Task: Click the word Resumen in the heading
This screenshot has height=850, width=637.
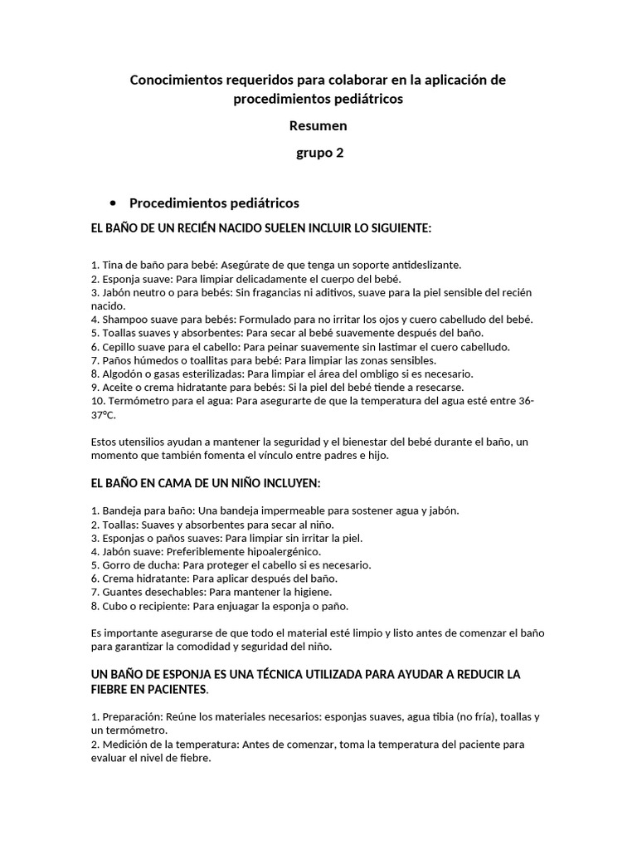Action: point(318,126)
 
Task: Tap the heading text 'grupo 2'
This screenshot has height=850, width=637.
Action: point(319,153)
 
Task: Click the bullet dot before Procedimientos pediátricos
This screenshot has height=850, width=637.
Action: point(112,204)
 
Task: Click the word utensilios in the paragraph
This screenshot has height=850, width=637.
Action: point(145,442)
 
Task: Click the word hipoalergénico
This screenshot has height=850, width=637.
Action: point(279,551)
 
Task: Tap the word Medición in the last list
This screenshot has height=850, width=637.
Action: point(125,744)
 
